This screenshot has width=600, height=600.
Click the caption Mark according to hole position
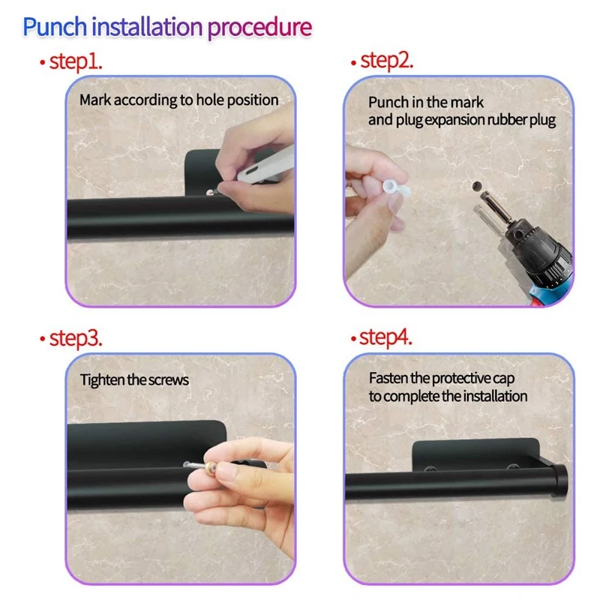click(179, 100)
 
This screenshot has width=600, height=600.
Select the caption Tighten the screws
click(134, 379)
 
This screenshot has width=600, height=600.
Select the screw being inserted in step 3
click(196, 469)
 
